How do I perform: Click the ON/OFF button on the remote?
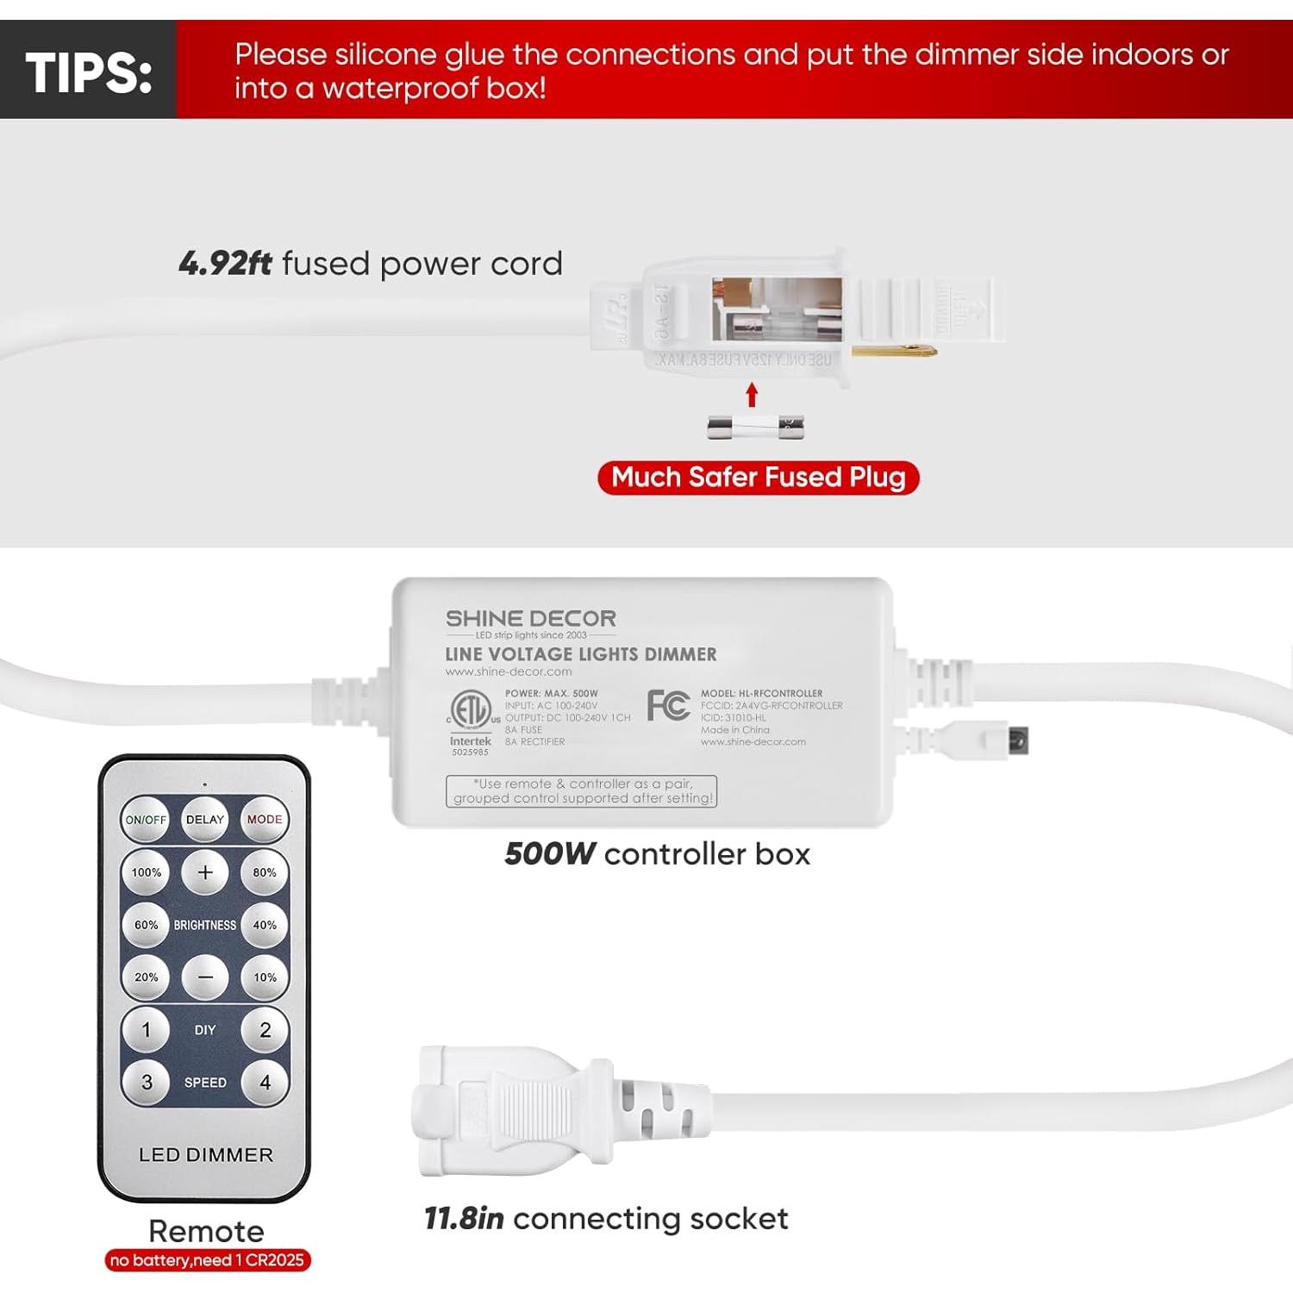(x=146, y=819)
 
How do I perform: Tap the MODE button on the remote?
(x=265, y=819)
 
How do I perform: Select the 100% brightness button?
(x=146, y=872)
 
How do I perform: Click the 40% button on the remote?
(x=265, y=925)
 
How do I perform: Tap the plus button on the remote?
(x=205, y=872)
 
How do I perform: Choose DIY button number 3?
(x=146, y=1082)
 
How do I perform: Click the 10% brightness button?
(x=265, y=978)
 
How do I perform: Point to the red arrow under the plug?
(x=752, y=395)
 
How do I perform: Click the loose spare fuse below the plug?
(x=755, y=427)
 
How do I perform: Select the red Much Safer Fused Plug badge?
(x=758, y=478)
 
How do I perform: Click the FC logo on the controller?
(x=668, y=705)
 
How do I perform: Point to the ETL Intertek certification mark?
(x=471, y=710)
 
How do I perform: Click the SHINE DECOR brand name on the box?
(x=530, y=619)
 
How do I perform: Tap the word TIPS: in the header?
(x=89, y=72)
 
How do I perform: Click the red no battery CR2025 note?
(x=207, y=1260)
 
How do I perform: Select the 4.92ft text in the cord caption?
(x=225, y=264)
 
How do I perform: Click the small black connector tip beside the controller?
(x=1017, y=740)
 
